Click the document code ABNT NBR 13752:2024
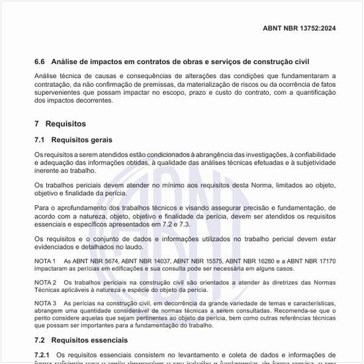[x=299, y=29]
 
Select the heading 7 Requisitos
[x=60, y=124]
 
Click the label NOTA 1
[x=45, y=261]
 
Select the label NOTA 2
[x=45, y=282]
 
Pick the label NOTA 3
[x=45, y=302]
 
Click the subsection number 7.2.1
[x=43, y=355]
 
